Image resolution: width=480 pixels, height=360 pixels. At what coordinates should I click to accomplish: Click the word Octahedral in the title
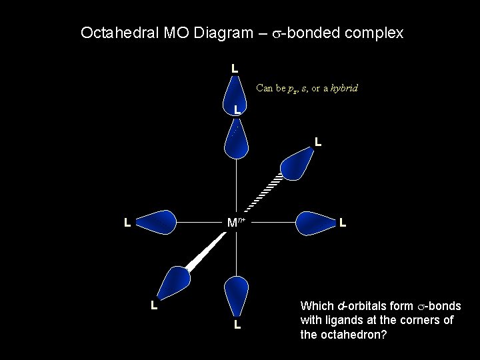pos(116,33)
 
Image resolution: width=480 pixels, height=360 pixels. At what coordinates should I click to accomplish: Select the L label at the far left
pos(126,222)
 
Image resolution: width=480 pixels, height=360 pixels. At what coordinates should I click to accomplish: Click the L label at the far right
pos(342,222)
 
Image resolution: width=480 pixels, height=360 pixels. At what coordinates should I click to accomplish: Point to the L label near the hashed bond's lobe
pos(318,142)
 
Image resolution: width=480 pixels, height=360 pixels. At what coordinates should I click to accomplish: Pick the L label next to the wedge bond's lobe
pos(153,306)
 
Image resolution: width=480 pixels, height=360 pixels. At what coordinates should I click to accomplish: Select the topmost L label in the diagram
pos(235,69)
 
